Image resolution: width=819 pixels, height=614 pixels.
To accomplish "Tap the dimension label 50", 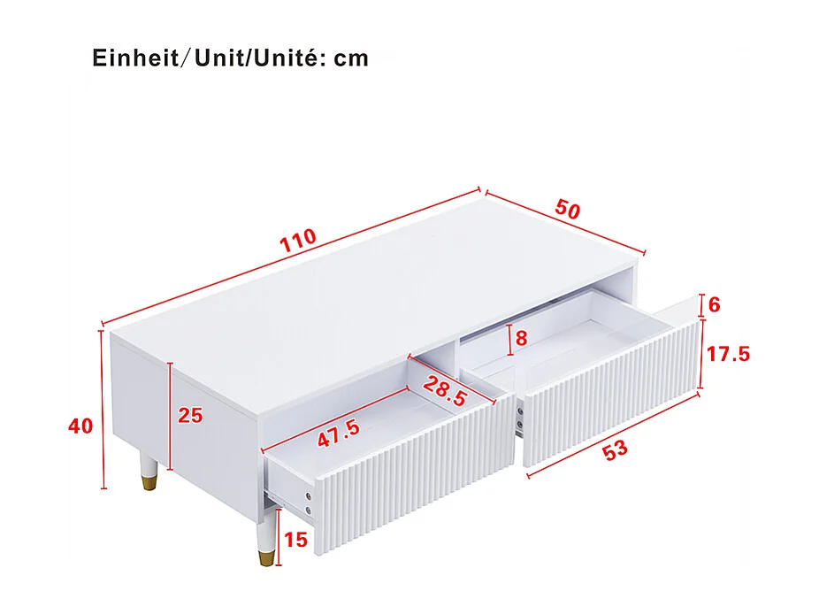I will pos(567,211).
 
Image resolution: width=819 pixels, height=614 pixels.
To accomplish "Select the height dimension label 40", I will pos(80,426).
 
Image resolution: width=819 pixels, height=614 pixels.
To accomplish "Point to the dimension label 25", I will pos(190,415).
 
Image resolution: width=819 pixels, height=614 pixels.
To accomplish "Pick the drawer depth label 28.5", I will pos(444,391).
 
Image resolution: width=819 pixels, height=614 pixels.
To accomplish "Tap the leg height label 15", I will pos(296,540).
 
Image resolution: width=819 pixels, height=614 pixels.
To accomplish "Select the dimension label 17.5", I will pos(728,355).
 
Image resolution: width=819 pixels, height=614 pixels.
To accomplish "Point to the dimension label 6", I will pos(715,305).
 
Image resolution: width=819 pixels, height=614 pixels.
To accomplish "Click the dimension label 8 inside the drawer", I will pos(521,338).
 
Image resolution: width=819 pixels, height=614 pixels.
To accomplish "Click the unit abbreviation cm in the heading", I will pos(351,59).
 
